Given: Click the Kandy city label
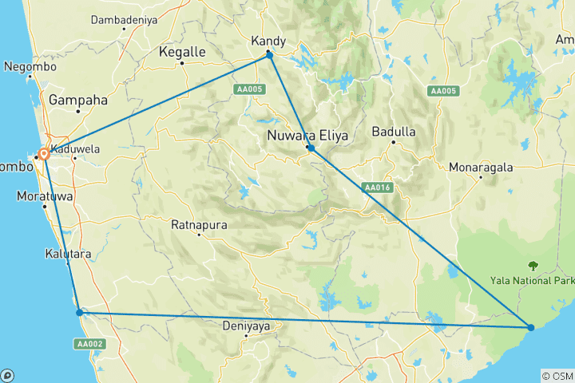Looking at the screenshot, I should (x=268, y=41).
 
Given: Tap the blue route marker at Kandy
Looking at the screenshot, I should (x=270, y=55).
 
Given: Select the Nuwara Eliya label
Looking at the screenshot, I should (x=307, y=136).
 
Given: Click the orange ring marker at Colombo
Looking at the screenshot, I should (x=44, y=155).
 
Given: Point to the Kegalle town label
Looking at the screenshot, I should (x=182, y=52).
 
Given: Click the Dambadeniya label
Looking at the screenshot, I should (x=123, y=18).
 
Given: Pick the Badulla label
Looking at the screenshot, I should (x=393, y=132).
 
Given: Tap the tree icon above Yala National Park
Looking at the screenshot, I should (x=532, y=266).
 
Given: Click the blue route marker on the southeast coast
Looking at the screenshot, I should (x=531, y=327).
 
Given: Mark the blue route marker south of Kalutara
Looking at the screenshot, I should (x=79, y=312).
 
